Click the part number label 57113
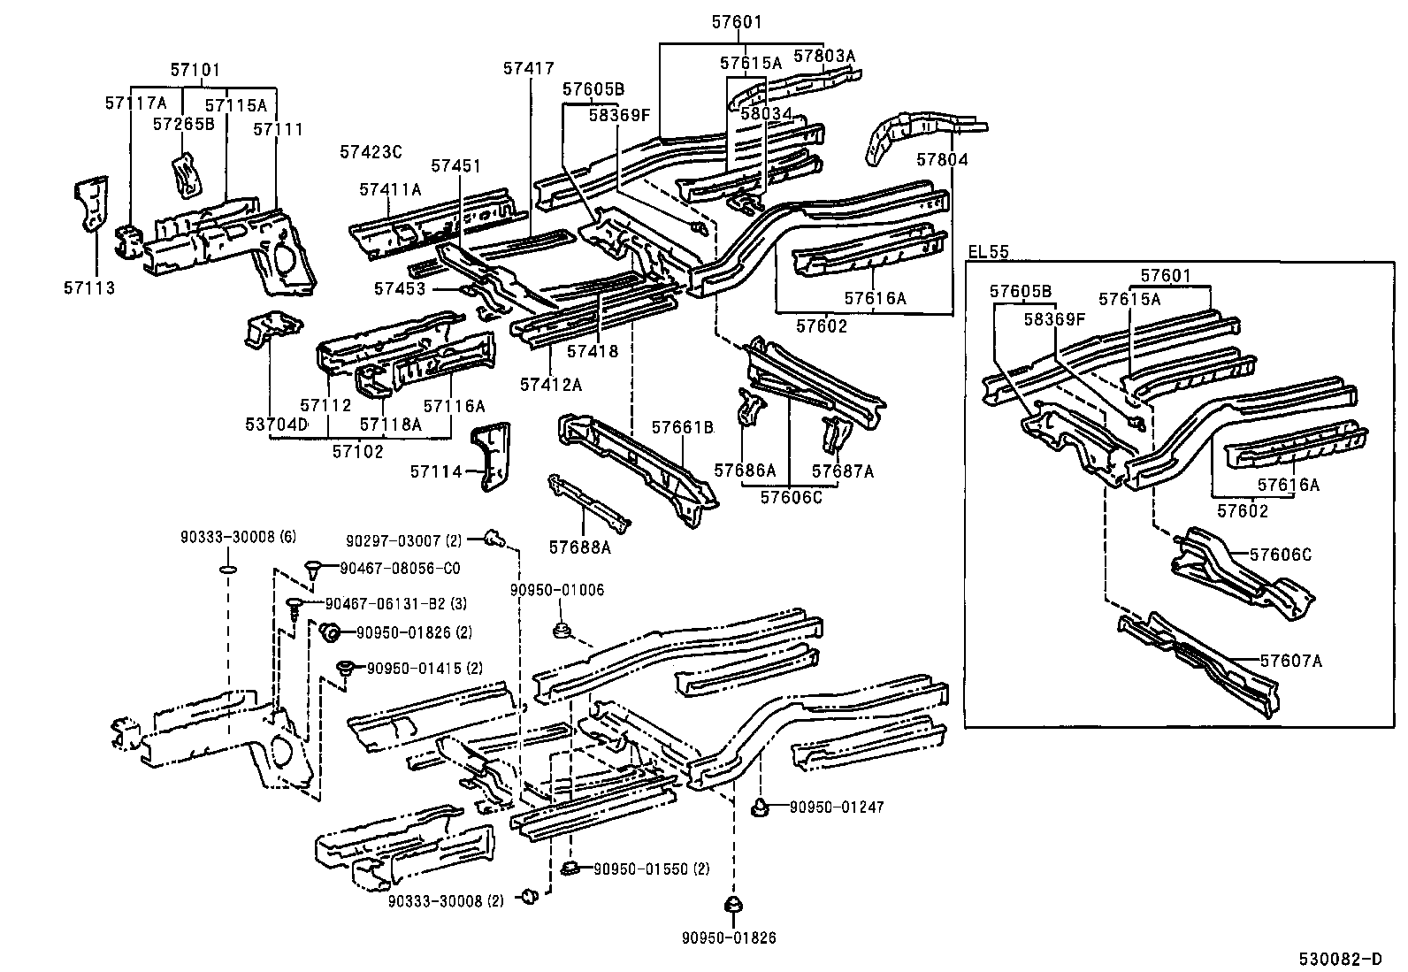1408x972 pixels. [89, 287]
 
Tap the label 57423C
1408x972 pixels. [371, 152]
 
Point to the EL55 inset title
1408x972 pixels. [988, 251]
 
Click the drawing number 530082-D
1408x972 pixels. [1340, 958]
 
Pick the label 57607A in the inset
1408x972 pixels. [1291, 660]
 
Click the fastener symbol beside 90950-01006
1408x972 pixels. [560, 630]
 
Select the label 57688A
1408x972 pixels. [580, 547]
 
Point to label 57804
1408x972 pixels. [942, 160]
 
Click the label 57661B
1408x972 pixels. [682, 427]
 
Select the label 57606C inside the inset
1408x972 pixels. [1281, 555]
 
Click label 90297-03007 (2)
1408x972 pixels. [403, 540]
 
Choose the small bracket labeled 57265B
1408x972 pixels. [186, 175]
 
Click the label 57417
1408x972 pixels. [529, 68]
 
